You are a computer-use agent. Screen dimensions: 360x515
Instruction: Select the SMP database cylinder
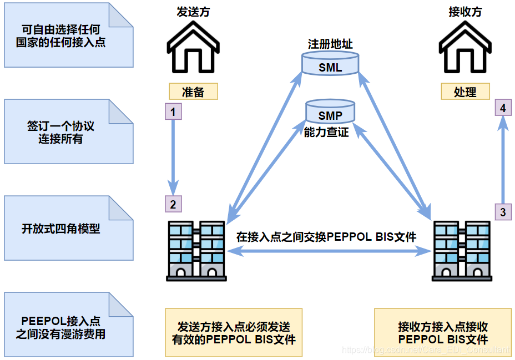[x=330, y=113]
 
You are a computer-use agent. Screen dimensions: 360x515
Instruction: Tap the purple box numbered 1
[x=173, y=112]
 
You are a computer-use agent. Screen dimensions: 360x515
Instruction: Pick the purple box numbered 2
[x=173, y=204]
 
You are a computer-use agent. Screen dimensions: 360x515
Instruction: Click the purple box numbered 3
[x=503, y=212]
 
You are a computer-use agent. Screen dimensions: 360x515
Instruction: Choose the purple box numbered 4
[x=503, y=108]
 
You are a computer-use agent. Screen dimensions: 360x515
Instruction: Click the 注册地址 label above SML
[x=330, y=44]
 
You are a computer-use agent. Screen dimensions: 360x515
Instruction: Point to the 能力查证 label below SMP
[x=326, y=133]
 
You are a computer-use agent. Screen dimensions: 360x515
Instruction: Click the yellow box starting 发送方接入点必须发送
[x=234, y=333]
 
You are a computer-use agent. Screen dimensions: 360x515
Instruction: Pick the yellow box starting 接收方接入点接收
[x=442, y=333]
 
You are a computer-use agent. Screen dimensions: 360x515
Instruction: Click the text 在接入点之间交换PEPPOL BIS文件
[x=326, y=237]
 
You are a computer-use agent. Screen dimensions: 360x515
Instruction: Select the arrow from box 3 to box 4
[x=503, y=161]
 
